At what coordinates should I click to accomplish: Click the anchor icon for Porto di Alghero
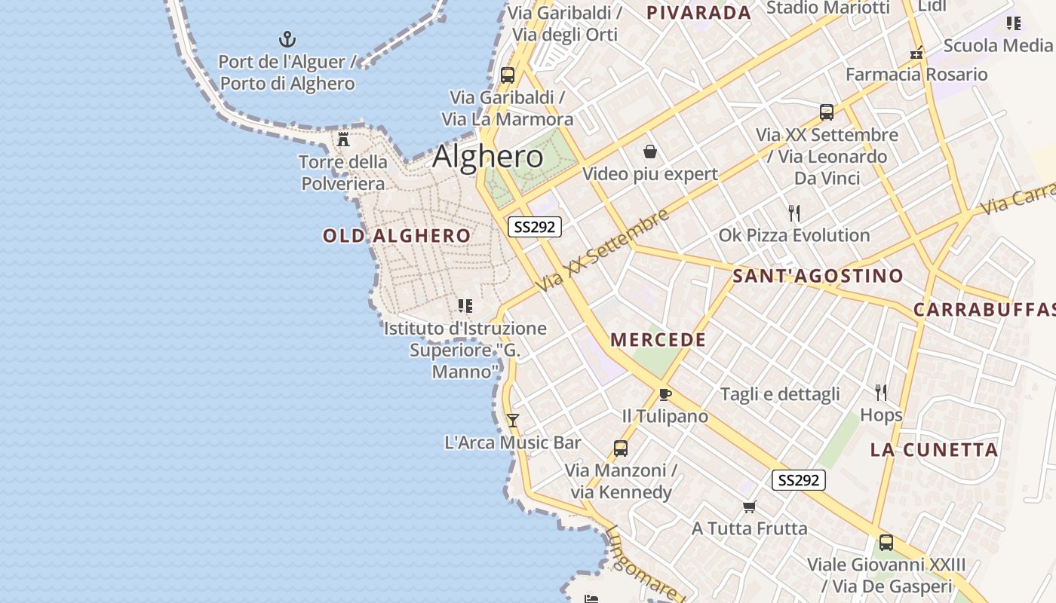pyautogui.click(x=287, y=39)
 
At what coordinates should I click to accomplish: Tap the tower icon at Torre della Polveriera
pyautogui.click(x=343, y=139)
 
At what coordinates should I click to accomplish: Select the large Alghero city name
pyautogui.click(x=487, y=156)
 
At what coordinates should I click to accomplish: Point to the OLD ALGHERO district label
pyautogui.click(x=397, y=236)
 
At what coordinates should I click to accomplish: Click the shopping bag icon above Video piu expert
pyautogui.click(x=650, y=152)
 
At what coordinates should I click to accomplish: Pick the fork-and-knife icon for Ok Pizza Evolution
pyautogui.click(x=794, y=213)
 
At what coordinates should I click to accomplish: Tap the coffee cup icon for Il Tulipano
pyautogui.click(x=665, y=394)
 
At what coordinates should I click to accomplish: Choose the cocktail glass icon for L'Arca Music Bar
pyautogui.click(x=513, y=420)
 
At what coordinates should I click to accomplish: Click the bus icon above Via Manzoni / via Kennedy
pyautogui.click(x=621, y=448)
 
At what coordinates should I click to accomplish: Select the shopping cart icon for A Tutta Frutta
pyautogui.click(x=749, y=507)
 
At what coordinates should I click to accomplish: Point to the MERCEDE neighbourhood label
pyautogui.click(x=658, y=340)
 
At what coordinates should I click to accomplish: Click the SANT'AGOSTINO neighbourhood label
pyautogui.click(x=818, y=276)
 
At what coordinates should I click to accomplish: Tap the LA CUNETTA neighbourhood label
pyautogui.click(x=934, y=450)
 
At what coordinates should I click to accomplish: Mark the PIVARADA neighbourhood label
pyautogui.click(x=699, y=12)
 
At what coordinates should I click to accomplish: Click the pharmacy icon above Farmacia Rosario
pyautogui.click(x=916, y=53)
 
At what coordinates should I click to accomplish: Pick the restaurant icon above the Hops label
pyautogui.click(x=880, y=392)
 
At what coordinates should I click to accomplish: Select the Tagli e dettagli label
pyautogui.click(x=780, y=394)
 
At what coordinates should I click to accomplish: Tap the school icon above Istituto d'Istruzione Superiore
pyautogui.click(x=465, y=306)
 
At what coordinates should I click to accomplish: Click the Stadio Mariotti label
pyautogui.click(x=828, y=8)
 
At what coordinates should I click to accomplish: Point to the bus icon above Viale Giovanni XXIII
pyautogui.click(x=886, y=543)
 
